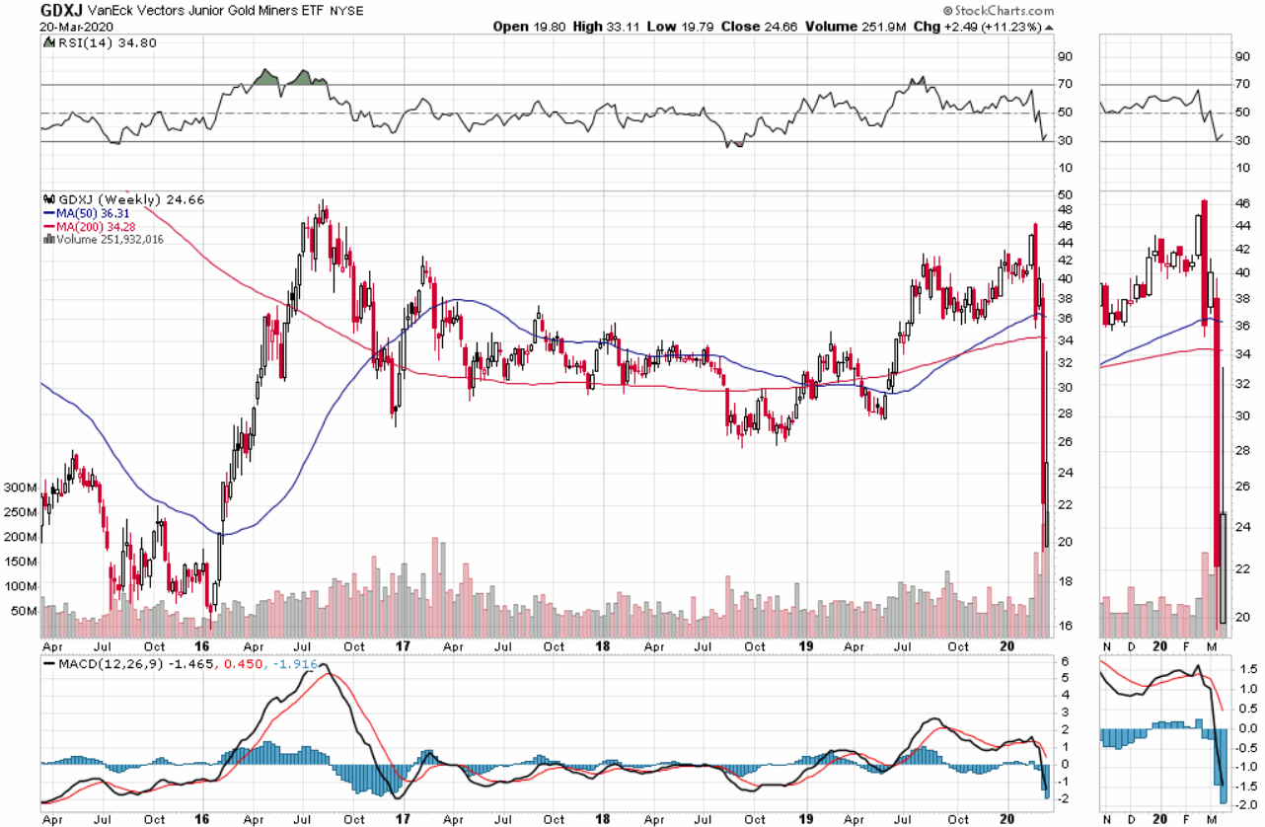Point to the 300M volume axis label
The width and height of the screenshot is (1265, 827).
[x=20, y=488]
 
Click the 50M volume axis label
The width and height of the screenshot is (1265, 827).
[x=23, y=612]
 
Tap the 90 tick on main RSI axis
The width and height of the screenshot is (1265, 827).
[x=1064, y=56]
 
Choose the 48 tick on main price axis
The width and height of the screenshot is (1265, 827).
[x=1064, y=209]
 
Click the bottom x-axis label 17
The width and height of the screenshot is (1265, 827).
[x=402, y=819]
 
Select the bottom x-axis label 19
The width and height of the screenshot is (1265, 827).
[x=807, y=819]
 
